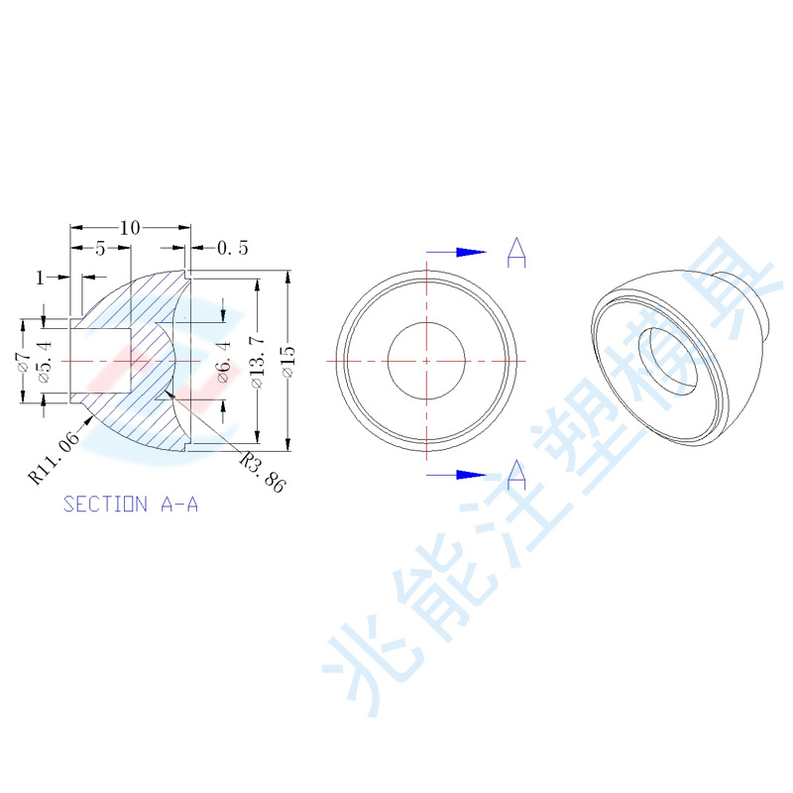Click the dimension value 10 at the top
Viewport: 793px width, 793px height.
coord(129,228)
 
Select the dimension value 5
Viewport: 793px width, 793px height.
coord(100,249)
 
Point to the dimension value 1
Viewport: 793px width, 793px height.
coord(40,278)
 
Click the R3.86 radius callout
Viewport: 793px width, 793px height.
coord(264,472)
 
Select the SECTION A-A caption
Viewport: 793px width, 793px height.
coord(131,505)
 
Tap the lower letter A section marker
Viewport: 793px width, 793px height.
coord(516,475)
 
